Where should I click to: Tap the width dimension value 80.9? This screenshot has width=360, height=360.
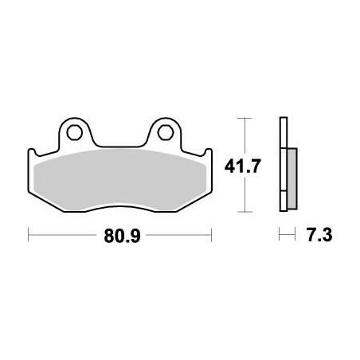tap(119, 236)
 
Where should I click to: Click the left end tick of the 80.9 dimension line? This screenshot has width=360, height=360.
tap(29, 236)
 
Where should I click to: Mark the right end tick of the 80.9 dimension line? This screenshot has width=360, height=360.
tap(211, 236)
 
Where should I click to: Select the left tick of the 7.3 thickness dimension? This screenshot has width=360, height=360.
tap(279, 236)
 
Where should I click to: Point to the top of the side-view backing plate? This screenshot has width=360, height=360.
tap(282, 121)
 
